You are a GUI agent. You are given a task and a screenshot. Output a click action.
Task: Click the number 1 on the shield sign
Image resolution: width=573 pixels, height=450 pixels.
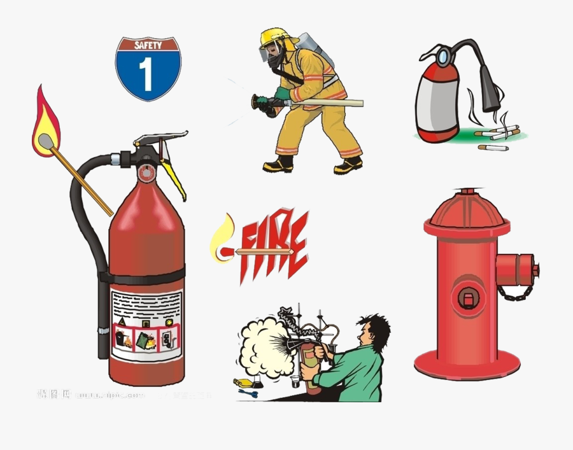click(x=147, y=74)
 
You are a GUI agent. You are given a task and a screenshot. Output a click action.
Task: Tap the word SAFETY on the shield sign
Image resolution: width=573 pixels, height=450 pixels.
click(x=148, y=45)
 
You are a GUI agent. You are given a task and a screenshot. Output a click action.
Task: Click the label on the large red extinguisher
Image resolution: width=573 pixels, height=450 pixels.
click(x=146, y=325)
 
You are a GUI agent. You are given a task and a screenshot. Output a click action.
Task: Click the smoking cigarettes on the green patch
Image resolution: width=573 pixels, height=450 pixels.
click(x=500, y=134)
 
